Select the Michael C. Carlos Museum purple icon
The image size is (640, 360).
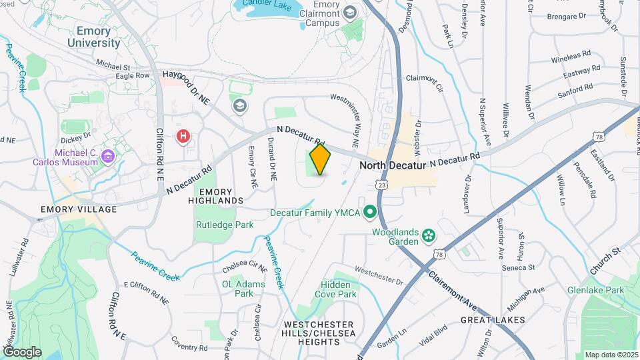[x=107, y=157]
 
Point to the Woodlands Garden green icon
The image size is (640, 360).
[x=428, y=235]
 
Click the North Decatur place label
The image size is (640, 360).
[x=392, y=165]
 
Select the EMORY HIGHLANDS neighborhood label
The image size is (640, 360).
[x=215, y=195]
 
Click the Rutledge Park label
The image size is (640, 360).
[x=225, y=225]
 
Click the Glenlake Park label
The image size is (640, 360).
[x=595, y=290]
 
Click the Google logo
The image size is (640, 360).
[x=22, y=351]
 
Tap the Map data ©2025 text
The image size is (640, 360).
[x=610, y=355]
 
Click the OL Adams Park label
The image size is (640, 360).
[x=243, y=288]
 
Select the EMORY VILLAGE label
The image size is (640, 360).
[x=79, y=209]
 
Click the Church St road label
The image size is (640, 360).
[x=605, y=261]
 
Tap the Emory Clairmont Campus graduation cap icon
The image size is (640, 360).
[x=351, y=12]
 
